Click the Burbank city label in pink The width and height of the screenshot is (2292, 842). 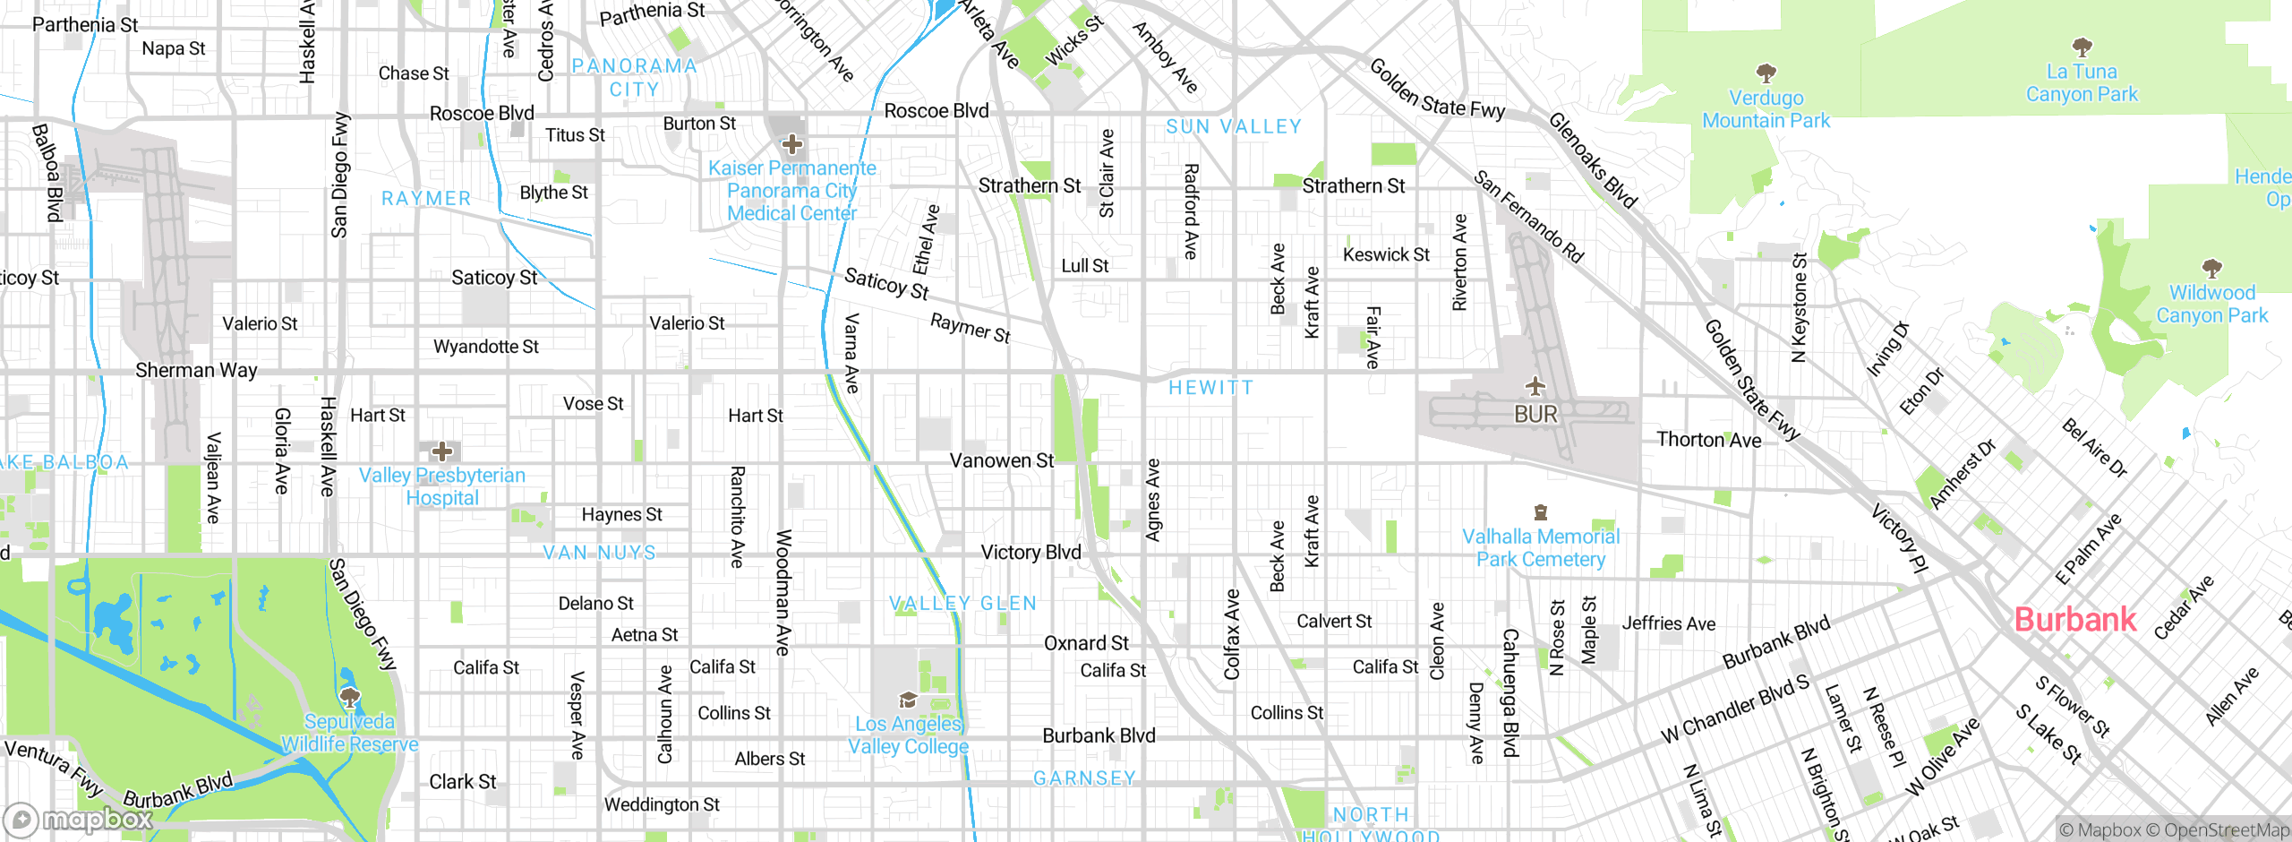[2074, 620]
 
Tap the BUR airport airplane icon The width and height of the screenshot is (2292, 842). [1535, 387]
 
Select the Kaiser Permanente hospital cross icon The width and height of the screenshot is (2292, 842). [791, 144]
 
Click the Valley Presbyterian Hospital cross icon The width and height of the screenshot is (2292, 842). [441, 451]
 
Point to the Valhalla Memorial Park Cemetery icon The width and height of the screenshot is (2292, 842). [1541, 513]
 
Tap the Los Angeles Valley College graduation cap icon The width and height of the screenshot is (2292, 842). [908, 700]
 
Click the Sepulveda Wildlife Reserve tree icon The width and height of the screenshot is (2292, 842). [350, 698]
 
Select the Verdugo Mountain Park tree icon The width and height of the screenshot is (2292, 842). [1766, 73]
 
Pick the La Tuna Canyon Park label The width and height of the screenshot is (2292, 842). [2082, 83]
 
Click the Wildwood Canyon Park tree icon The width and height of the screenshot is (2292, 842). [2211, 268]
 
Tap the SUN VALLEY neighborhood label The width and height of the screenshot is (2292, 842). [1234, 127]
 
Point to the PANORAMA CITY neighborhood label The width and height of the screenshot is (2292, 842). [634, 78]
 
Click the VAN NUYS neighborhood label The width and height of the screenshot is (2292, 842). [600, 553]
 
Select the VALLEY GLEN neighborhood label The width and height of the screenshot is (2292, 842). [963, 604]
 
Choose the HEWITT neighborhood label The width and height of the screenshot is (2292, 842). [1210, 388]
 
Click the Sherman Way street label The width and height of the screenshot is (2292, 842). [196, 370]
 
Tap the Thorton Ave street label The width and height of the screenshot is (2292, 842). [1708, 440]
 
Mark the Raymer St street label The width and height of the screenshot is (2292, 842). [971, 328]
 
